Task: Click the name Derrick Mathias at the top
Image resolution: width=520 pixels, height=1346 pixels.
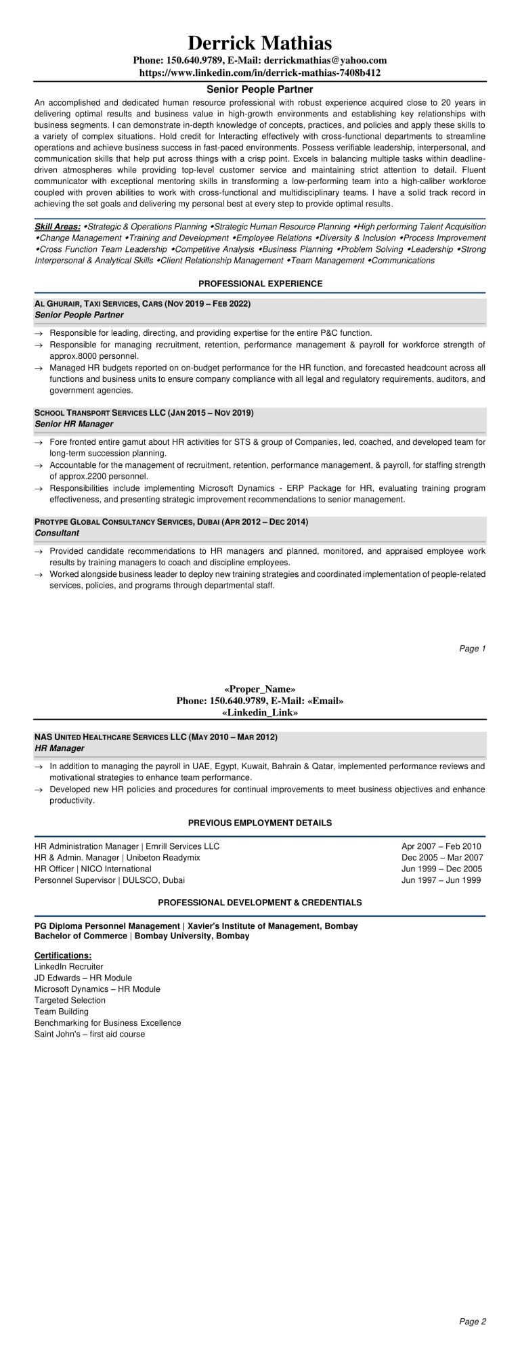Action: [x=259, y=43]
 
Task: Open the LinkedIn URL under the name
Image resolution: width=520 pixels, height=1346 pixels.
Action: [x=259, y=72]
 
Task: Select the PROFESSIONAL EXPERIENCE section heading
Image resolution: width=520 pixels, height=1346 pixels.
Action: [x=260, y=283]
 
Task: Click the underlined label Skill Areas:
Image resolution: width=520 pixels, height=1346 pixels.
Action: [x=58, y=226]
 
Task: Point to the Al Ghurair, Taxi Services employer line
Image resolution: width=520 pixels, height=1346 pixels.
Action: [x=142, y=304]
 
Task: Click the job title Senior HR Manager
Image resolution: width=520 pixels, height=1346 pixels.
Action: [x=74, y=423]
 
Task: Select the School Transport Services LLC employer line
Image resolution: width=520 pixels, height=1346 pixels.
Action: [x=144, y=412]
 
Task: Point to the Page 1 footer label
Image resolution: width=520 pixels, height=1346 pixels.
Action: [x=473, y=648]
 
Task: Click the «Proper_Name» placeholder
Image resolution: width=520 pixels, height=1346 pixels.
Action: [x=259, y=689]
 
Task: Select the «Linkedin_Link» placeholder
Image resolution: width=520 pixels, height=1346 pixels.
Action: [x=259, y=712]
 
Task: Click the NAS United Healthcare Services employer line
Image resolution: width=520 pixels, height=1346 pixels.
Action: [x=156, y=736]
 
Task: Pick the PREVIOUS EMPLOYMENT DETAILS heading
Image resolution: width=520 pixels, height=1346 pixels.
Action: [x=260, y=823]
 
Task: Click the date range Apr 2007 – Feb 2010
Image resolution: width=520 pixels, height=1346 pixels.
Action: [x=441, y=846]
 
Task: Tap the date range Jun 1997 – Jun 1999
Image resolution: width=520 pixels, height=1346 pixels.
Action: [x=441, y=880]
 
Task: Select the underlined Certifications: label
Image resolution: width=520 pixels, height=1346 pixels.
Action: [x=63, y=955]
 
